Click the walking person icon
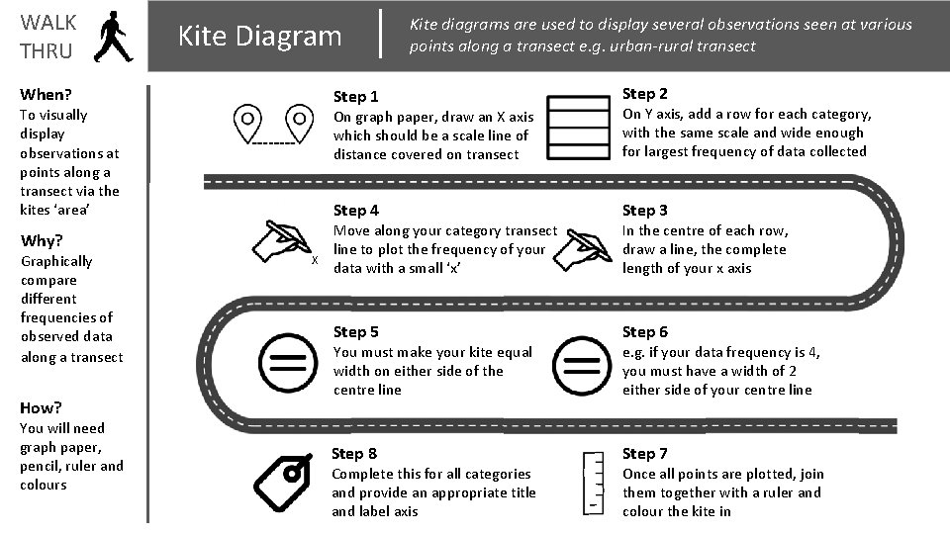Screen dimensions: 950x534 pyautogui.click(x=113, y=37)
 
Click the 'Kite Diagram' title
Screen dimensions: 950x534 pyautogui.click(x=260, y=37)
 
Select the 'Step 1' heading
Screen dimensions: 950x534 pyautogui.click(x=355, y=97)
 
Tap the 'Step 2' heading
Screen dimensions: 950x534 pyautogui.click(x=644, y=94)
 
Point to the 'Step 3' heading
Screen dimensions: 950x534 pyautogui.click(x=644, y=211)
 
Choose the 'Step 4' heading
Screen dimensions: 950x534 pyautogui.click(x=355, y=211)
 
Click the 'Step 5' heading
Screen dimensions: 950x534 pyautogui.click(x=355, y=332)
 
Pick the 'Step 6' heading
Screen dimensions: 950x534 pyautogui.click(x=644, y=332)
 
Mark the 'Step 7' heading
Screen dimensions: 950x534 pyautogui.click(x=644, y=454)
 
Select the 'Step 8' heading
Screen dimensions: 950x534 pyautogui.click(x=354, y=454)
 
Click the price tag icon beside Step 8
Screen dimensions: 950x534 pyautogui.click(x=283, y=483)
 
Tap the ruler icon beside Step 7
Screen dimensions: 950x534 pyautogui.click(x=593, y=484)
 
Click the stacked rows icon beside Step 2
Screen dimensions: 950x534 pyautogui.click(x=578, y=128)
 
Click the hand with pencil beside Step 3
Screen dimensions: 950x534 pyautogui.click(x=582, y=249)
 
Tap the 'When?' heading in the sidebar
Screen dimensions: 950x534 pyautogui.click(x=46, y=95)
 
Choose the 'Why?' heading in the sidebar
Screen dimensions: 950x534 pyautogui.click(x=42, y=241)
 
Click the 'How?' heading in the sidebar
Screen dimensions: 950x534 pyautogui.click(x=41, y=408)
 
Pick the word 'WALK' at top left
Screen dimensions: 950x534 pyautogui.click(x=48, y=23)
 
